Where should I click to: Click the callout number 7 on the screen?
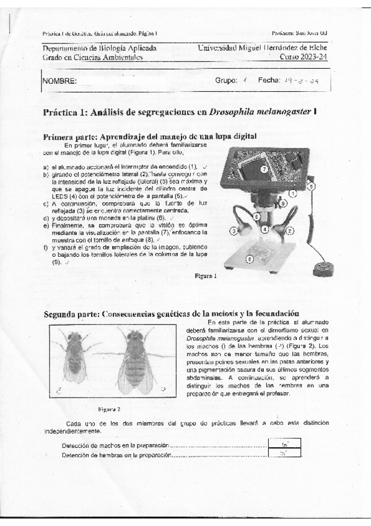[264, 168]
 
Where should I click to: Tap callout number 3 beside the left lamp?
[234, 231]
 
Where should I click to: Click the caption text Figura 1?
[205, 275]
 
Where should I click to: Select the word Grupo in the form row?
[226, 81]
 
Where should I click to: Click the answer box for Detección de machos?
[284, 444]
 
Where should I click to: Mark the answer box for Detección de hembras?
[284, 454]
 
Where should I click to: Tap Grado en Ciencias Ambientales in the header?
[92, 57]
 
